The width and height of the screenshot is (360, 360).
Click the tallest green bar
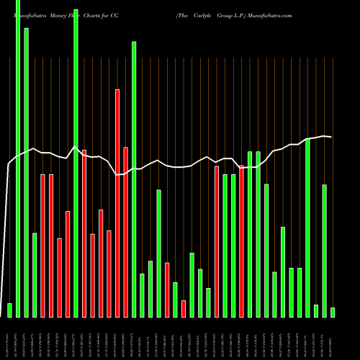[18, 158]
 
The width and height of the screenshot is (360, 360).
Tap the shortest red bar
[184, 308]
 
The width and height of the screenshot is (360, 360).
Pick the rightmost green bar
[333, 312]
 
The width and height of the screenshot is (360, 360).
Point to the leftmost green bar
[9, 310]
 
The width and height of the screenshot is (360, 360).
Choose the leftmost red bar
[42, 245]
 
